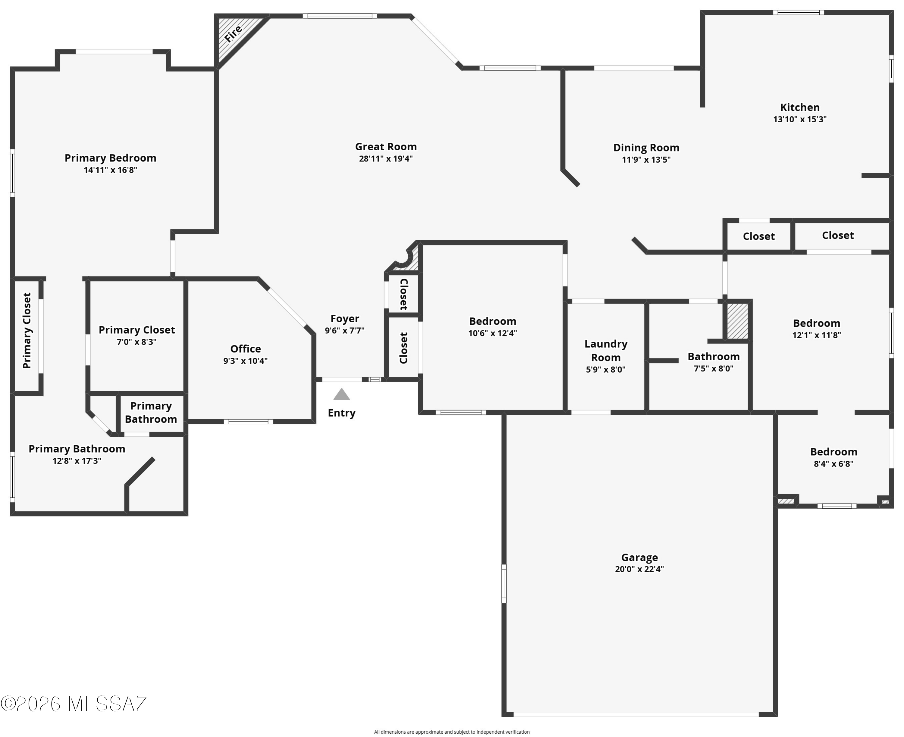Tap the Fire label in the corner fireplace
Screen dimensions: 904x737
tap(233, 33)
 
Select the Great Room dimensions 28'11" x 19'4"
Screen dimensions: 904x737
tap(386, 159)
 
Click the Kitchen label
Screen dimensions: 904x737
tap(800, 108)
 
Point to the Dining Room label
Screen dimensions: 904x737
tap(646, 148)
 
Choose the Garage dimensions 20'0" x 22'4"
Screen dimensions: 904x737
tap(639, 569)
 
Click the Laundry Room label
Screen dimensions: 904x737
tap(606, 351)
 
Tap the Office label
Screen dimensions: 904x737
tap(246, 349)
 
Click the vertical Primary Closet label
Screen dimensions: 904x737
tap(27, 331)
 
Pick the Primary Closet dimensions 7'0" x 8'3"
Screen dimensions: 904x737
tap(137, 342)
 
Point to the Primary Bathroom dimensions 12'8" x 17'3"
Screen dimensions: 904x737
tap(77, 461)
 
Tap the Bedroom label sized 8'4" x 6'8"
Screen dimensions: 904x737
tap(833, 452)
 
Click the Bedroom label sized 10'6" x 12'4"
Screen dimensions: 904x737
tap(492, 321)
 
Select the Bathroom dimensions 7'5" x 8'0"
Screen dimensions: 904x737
tap(714, 369)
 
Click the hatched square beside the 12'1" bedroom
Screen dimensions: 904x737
tap(737, 321)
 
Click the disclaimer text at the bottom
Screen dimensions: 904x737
tap(452, 732)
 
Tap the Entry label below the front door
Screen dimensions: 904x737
tap(341, 413)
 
